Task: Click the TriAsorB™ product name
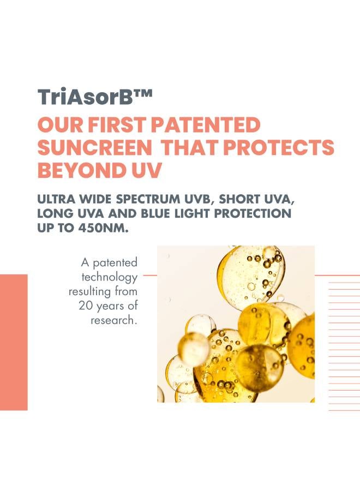(95, 97)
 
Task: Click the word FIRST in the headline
(117, 124)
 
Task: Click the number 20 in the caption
(85, 306)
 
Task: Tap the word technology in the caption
(109, 278)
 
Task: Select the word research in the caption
(114, 320)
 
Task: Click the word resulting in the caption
(90, 292)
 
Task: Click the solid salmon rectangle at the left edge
(14, 342)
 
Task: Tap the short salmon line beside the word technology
(150, 276)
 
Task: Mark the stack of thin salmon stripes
(344, 346)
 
